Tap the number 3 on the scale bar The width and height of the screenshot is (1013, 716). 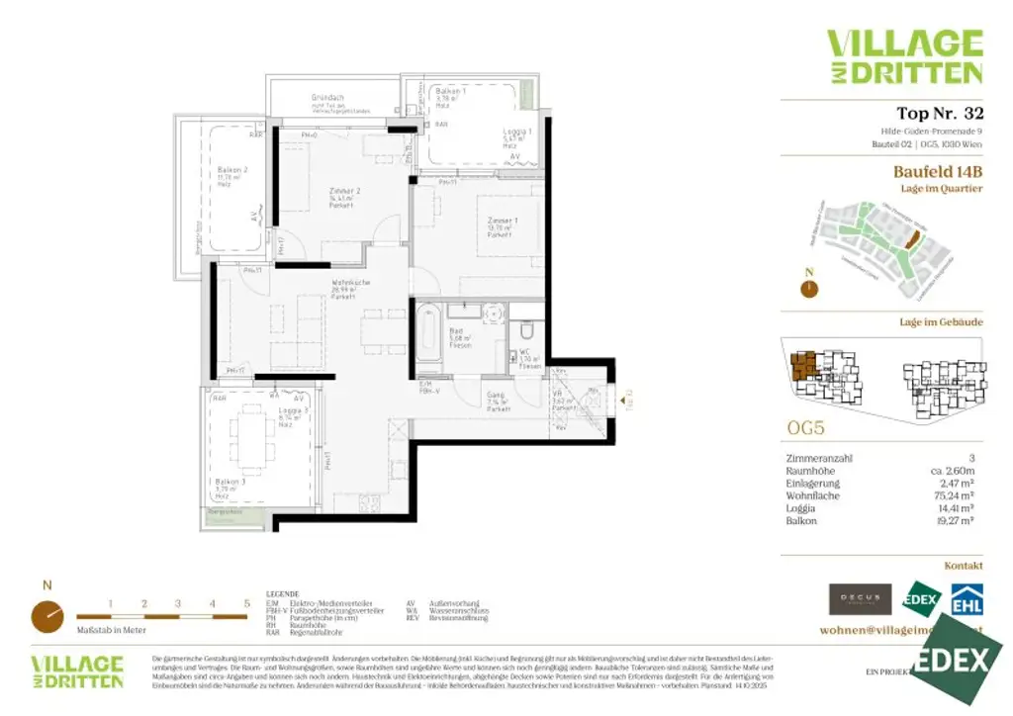[178, 602]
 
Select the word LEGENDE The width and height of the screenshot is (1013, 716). [282, 593]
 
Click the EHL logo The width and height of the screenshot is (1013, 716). [966, 599]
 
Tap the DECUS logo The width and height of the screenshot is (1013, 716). [860, 599]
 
